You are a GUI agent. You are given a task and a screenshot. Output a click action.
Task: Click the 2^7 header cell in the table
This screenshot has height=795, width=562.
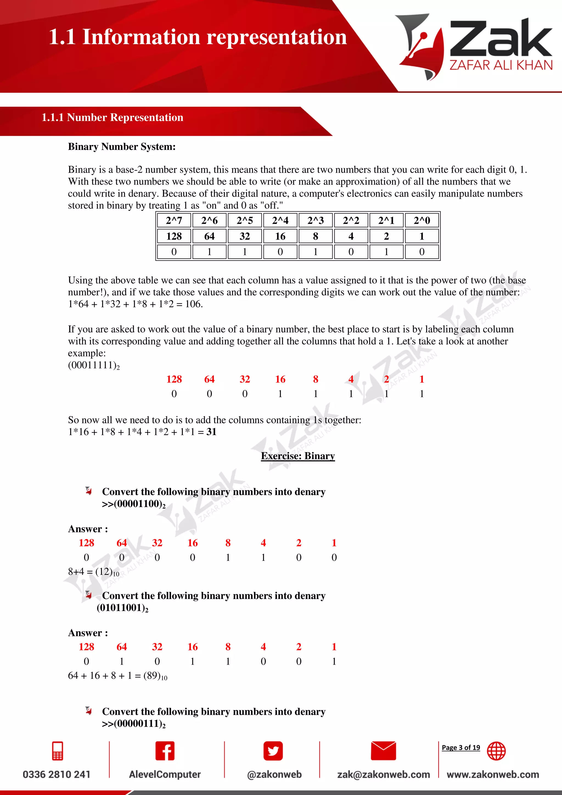[x=174, y=220]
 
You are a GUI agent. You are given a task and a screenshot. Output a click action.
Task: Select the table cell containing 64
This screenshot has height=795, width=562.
[x=209, y=236]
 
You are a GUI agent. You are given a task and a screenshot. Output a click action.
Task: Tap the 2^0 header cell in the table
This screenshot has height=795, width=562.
[x=421, y=220]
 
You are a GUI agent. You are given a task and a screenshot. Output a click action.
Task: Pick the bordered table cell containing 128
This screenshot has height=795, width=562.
[x=174, y=236]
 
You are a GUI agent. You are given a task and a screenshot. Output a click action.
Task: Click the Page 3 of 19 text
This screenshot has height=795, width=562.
[x=461, y=747]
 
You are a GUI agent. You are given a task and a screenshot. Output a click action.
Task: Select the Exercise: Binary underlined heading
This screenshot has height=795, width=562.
[x=298, y=456]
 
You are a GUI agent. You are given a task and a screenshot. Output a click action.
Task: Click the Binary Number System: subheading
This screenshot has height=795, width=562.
[x=122, y=147]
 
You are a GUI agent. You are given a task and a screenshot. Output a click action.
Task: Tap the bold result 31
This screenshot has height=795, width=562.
[x=212, y=432]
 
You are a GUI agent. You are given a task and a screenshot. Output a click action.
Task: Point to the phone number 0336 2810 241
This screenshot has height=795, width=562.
[x=57, y=774]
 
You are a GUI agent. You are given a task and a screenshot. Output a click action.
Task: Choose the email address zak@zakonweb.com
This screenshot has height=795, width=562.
[x=383, y=774]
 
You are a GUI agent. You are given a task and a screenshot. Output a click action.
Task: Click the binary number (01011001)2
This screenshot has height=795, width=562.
[x=122, y=608]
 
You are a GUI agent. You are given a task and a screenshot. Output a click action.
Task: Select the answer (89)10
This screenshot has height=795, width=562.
[x=155, y=676]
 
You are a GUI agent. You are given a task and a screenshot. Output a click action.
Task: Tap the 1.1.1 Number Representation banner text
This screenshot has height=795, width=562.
[x=112, y=117]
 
